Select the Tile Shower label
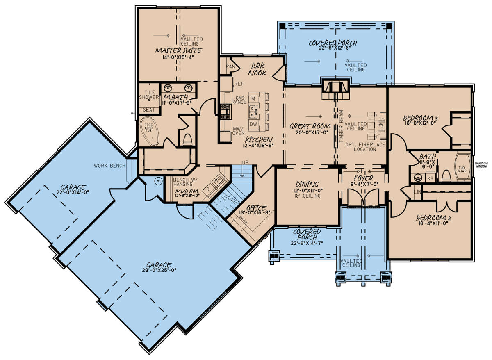pyautogui.click(x=149, y=95)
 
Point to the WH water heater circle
pyautogui.click(x=158, y=180)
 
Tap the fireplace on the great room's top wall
pyautogui.click(x=336, y=87)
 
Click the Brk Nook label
pyautogui.click(x=257, y=69)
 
